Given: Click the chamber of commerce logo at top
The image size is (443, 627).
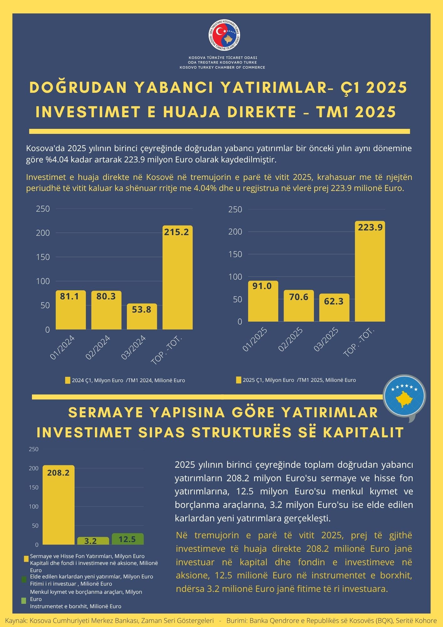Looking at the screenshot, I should click(x=225, y=34).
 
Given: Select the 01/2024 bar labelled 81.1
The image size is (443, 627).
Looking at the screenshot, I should click(x=71, y=310).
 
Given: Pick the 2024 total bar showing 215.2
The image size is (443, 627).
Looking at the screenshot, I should click(x=177, y=277).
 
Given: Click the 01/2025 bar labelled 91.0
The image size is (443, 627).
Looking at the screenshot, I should click(x=263, y=301).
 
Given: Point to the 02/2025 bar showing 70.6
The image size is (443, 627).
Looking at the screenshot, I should click(x=299, y=306).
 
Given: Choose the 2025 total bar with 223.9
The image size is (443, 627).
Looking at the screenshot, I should click(x=370, y=271).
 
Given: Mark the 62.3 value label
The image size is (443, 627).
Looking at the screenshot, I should click(x=334, y=301).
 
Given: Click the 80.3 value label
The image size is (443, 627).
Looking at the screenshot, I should click(x=106, y=296).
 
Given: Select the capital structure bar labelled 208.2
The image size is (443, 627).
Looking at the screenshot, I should click(x=59, y=505).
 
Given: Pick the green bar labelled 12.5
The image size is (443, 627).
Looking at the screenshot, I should click(x=128, y=539).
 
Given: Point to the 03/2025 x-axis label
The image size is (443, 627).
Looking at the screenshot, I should click(x=326, y=339).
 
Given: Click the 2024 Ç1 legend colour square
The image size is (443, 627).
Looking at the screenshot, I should click(x=68, y=380).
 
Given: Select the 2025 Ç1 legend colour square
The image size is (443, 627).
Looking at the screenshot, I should click(x=238, y=380).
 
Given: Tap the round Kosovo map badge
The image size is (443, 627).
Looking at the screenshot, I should click(x=404, y=396).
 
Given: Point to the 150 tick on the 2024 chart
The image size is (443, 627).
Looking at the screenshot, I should click(x=43, y=257).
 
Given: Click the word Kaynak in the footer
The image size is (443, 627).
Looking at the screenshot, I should click(x=16, y=621).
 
